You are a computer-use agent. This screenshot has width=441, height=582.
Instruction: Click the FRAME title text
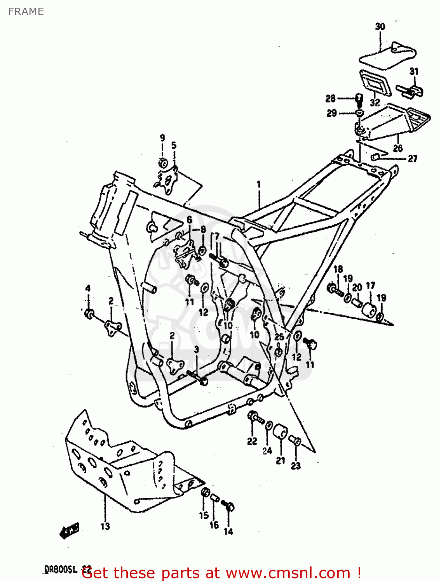26,12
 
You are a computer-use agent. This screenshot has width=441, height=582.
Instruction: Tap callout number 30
380,26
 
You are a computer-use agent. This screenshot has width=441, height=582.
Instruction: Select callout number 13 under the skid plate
105,526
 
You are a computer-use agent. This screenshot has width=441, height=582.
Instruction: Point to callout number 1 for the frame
258,184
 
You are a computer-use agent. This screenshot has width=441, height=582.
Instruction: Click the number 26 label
397,148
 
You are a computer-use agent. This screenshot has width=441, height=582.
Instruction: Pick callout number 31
414,71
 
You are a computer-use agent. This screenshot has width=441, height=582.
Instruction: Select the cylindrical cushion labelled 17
369,310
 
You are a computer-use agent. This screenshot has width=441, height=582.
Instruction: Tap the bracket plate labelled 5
169,180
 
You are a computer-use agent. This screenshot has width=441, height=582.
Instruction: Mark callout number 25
279,337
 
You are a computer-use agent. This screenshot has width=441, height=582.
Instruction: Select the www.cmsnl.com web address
288,573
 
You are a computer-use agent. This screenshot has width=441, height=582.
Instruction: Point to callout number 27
412,158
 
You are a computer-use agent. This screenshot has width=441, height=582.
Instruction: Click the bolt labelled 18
335,289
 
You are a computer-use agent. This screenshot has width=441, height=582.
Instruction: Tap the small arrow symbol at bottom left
70,530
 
